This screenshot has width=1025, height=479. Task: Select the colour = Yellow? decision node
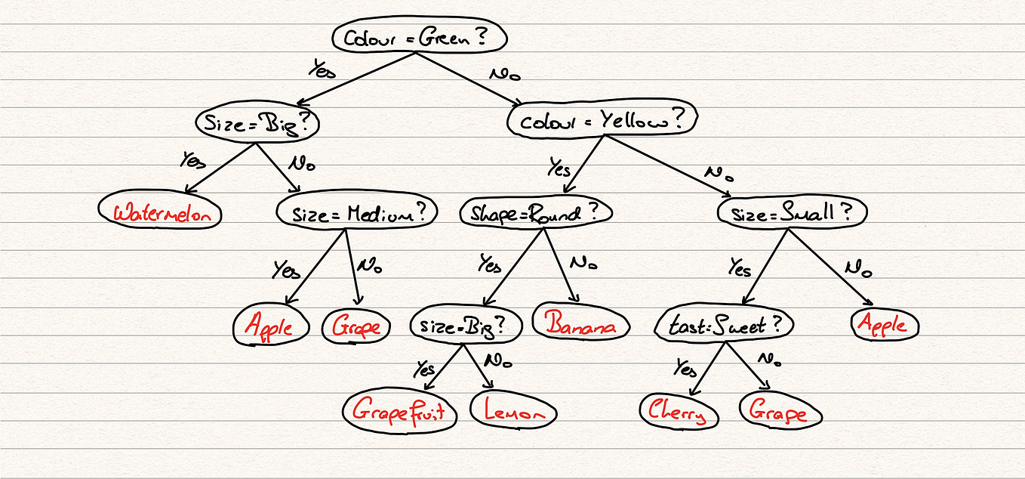pos(602,120)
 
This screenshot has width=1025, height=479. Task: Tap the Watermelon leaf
pos(162,212)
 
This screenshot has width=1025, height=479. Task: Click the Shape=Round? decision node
pos(535,213)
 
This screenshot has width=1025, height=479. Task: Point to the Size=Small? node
pos(792,212)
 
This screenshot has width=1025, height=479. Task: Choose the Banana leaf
pos(580,325)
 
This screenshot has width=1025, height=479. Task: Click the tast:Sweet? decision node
pos(724,326)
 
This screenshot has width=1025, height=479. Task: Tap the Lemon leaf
pos(513,412)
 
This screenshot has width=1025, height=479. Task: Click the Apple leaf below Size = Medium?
pos(272,326)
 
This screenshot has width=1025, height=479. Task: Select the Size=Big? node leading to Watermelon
pos(257,124)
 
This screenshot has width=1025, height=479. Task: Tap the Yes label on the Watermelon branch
pos(192,160)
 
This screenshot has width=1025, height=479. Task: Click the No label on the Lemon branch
pos(497,360)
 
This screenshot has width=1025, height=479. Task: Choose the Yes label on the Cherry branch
pos(685,369)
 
